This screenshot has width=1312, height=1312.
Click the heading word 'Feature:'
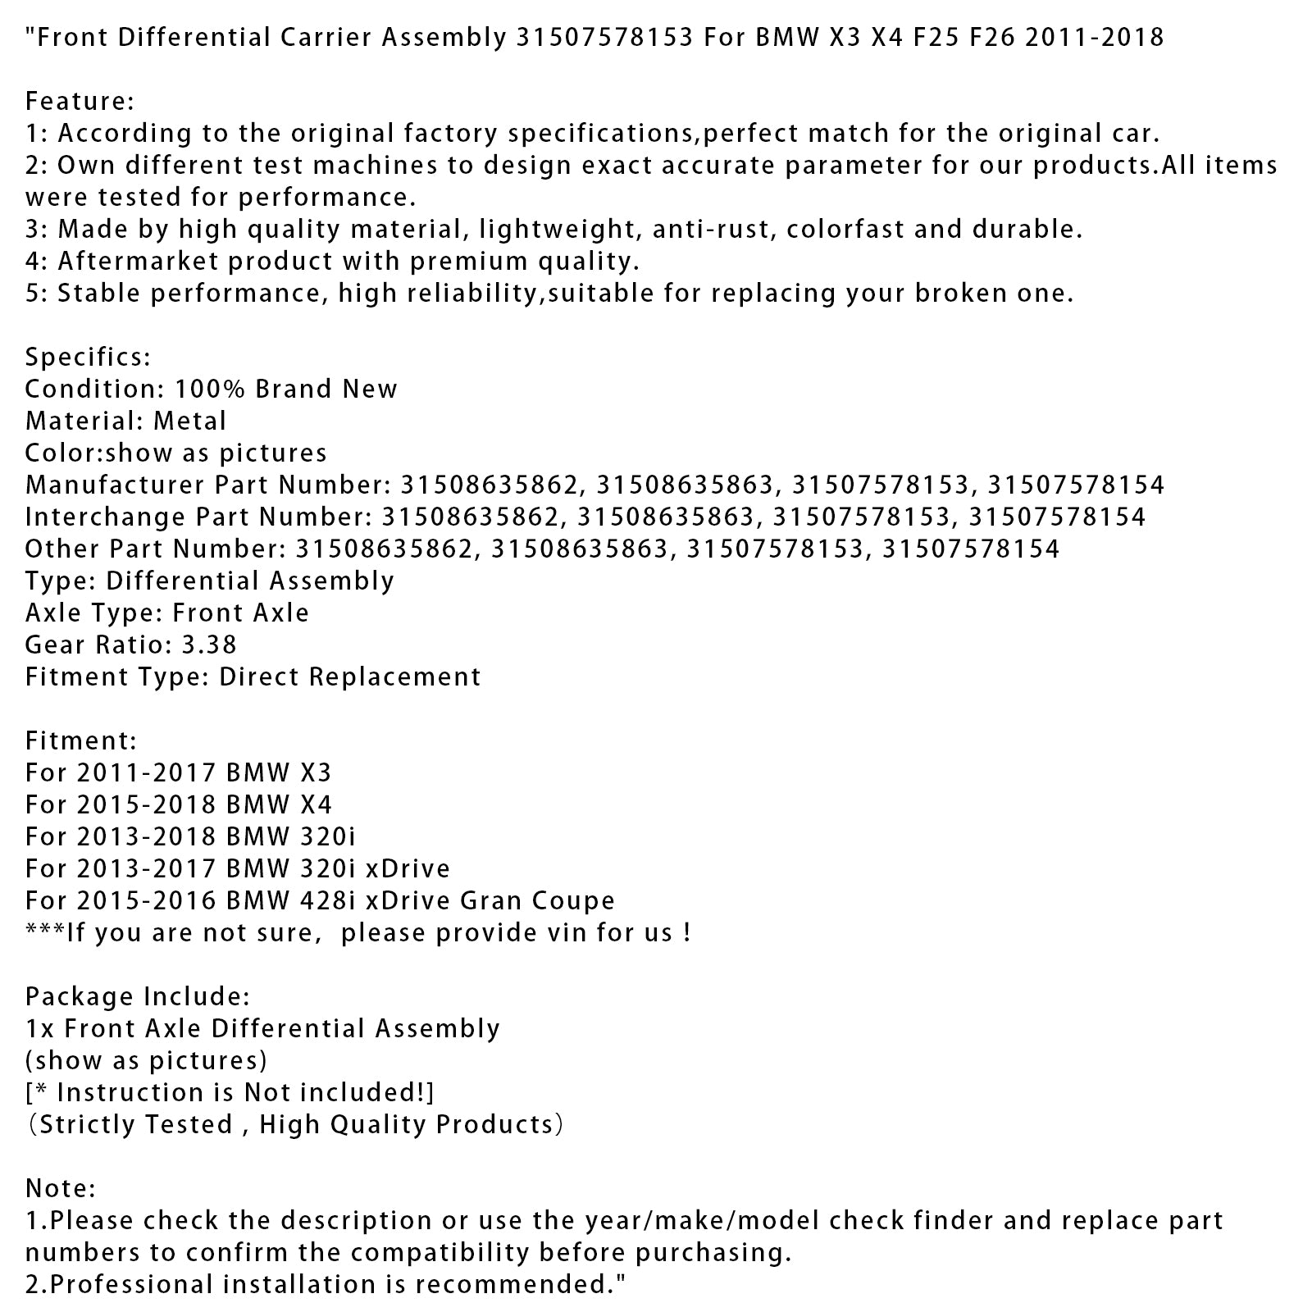[80, 101]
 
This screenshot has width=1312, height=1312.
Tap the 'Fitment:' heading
[81, 740]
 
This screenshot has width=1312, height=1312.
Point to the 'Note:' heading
[61, 1188]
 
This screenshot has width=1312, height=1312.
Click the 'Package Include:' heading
[138, 996]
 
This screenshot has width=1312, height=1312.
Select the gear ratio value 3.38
[207, 645]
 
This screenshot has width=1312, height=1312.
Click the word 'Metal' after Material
[189, 421]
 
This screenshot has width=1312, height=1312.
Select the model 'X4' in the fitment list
[315, 804]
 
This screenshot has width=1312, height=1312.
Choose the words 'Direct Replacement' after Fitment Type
[349, 676]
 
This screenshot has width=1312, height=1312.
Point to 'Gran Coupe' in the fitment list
[537, 900]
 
